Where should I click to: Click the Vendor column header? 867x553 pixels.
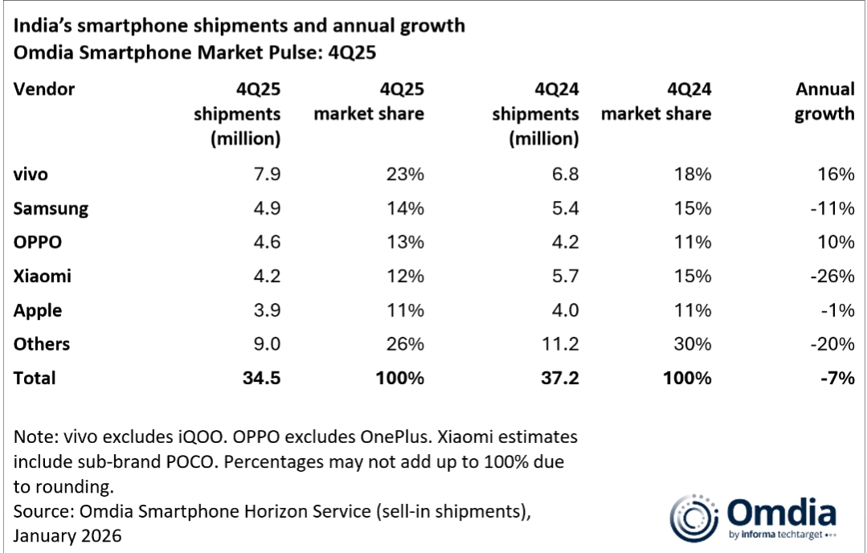coord(44,89)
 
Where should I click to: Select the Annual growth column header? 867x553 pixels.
coord(824,101)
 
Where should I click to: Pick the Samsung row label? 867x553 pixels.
coord(51,209)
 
